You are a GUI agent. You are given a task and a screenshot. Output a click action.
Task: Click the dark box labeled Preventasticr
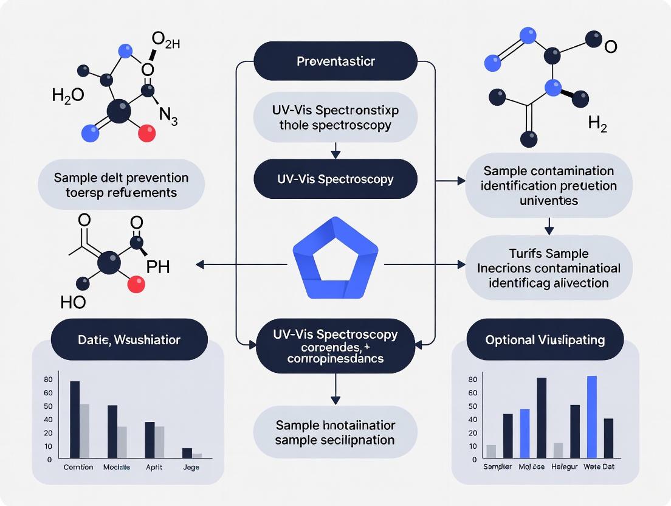[335, 61]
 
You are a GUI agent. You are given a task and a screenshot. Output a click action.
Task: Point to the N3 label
[168, 117]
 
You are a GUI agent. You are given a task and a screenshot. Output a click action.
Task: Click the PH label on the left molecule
[158, 268]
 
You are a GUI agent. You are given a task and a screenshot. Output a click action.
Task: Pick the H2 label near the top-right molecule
[597, 125]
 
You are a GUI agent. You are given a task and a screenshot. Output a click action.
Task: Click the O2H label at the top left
[165, 42]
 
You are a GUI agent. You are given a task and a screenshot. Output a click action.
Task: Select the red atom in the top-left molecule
[146, 133]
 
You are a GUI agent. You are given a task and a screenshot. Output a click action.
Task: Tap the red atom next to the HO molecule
[137, 282]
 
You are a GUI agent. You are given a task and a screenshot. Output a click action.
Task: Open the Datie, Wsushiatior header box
[129, 339]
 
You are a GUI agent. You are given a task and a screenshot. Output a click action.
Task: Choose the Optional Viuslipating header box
[545, 339]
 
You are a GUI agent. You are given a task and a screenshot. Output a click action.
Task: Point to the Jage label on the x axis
[191, 467]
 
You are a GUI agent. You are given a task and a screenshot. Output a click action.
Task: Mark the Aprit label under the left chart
[153, 467]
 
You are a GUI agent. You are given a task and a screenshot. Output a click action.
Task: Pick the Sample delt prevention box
[121, 185]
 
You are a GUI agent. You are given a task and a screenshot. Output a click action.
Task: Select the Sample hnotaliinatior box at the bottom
[335, 432]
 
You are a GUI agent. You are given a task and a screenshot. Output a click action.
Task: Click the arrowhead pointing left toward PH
[199, 265]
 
